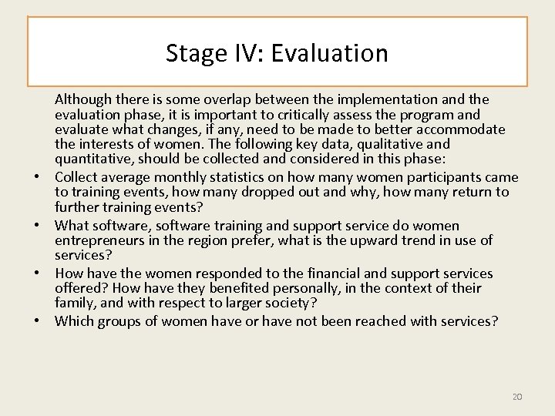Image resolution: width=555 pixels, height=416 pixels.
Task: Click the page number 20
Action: (517, 375)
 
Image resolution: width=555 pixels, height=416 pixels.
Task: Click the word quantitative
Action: (92, 159)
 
